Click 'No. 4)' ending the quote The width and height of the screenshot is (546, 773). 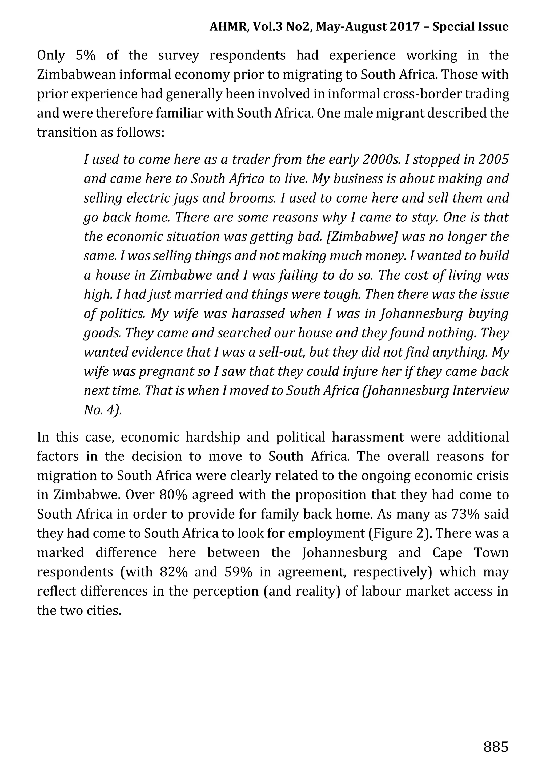click(102, 410)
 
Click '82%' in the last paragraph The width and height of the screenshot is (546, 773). click(174, 572)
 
